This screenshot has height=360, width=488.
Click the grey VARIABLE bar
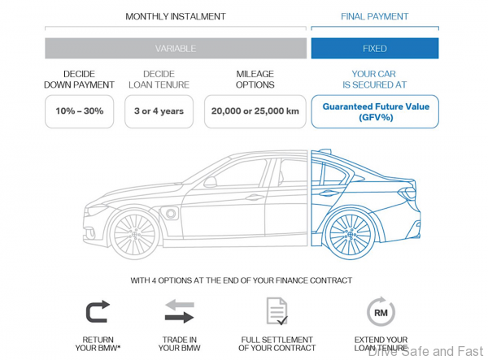click(176, 48)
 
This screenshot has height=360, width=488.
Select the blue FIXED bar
click(374, 48)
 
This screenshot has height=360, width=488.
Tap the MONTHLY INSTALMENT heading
click(176, 16)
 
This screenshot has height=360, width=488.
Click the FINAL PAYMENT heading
click(374, 16)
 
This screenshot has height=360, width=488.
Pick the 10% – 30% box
click(79, 111)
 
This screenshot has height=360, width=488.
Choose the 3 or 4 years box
click(159, 111)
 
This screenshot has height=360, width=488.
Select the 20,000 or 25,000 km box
click(255, 111)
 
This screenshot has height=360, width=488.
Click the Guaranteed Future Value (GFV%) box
click(374, 111)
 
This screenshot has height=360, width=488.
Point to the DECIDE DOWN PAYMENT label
click(79, 79)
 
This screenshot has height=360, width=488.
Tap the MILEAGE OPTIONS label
click(255, 79)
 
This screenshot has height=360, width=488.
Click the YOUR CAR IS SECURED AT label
click(374, 79)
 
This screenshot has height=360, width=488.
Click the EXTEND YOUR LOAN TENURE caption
click(381, 344)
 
